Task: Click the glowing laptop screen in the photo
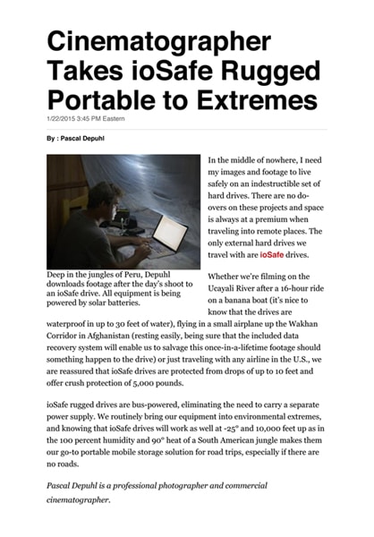tap(169, 231)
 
